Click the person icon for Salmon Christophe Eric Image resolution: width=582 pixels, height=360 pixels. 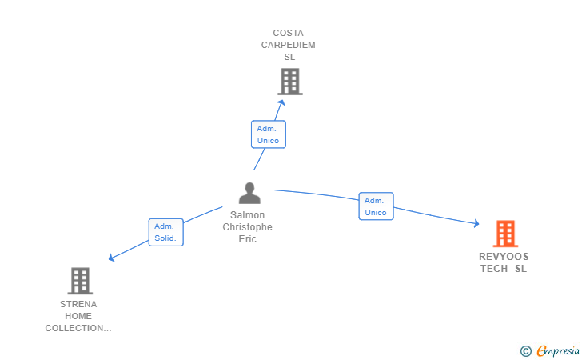coord(249,193)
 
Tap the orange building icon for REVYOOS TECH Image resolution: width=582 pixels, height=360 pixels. coord(505,234)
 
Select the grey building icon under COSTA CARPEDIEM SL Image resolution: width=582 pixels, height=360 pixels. coord(290,82)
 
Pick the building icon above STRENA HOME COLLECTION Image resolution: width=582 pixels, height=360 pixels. coord(80,281)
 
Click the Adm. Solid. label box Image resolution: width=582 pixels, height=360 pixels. coord(166,232)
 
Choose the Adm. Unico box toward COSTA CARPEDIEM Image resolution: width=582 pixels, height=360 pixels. coord(269,134)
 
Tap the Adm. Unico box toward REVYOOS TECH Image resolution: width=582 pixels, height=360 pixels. coord(376,206)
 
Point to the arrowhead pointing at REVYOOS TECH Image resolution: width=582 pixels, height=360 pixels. coord(476,223)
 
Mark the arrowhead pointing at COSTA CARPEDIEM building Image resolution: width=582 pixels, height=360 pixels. coord(281,102)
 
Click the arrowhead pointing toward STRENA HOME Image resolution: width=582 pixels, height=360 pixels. coord(111,258)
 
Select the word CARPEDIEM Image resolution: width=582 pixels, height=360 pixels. coord(289,45)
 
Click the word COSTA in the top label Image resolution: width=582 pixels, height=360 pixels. coord(289,33)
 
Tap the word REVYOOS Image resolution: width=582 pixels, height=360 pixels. coord(504,257)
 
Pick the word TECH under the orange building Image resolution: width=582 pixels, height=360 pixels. coord(494,269)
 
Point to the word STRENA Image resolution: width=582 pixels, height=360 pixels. coord(78,304)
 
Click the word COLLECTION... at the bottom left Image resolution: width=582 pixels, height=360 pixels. coord(78,329)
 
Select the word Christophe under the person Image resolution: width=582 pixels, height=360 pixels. coord(248,227)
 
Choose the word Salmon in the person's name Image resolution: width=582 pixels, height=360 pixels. coord(248,215)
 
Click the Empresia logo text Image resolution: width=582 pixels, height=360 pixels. coord(558,350)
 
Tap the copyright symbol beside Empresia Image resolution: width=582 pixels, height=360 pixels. coord(526,351)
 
